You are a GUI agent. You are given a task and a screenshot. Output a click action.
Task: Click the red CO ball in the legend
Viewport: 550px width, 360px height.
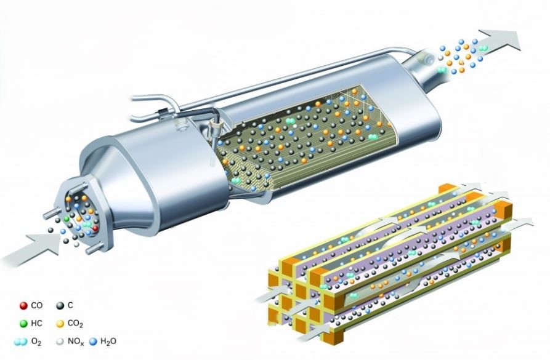click(x=23, y=306)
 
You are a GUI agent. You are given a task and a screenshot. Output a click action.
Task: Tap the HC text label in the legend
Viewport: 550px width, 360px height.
click(x=36, y=323)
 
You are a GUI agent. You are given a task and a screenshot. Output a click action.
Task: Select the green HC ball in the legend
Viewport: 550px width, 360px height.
click(x=23, y=323)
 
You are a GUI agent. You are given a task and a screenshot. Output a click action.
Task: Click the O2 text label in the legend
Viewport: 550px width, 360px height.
click(x=36, y=342)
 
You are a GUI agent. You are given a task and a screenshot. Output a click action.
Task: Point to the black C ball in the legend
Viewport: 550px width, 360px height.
click(x=60, y=306)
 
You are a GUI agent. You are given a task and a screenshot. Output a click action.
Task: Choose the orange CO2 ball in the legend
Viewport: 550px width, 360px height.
click(x=60, y=323)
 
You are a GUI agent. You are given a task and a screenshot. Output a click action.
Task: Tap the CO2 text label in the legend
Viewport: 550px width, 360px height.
click(x=75, y=324)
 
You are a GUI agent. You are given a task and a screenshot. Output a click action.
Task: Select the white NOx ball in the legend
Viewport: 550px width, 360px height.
click(x=60, y=342)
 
